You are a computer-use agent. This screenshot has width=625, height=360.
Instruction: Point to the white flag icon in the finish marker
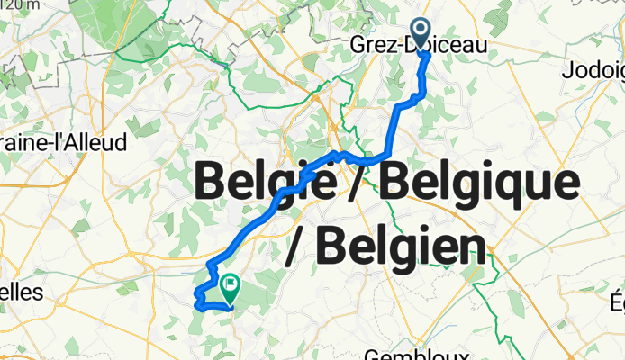coord(229,284)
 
